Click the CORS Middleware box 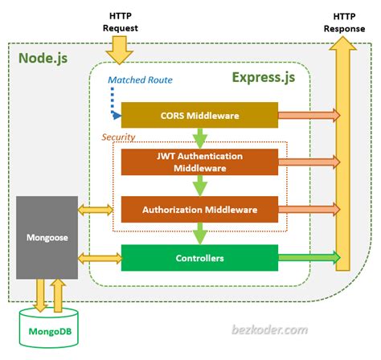point(199,115)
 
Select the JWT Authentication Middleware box point(199,162)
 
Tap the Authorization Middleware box point(199,210)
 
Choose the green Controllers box point(199,259)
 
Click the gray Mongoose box point(45,237)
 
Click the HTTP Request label point(121,22)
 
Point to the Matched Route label point(141,80)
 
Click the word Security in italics point(118,137)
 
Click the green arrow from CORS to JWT point(199,137)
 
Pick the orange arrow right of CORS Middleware point(307,115)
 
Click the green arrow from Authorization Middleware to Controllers point(199,234)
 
